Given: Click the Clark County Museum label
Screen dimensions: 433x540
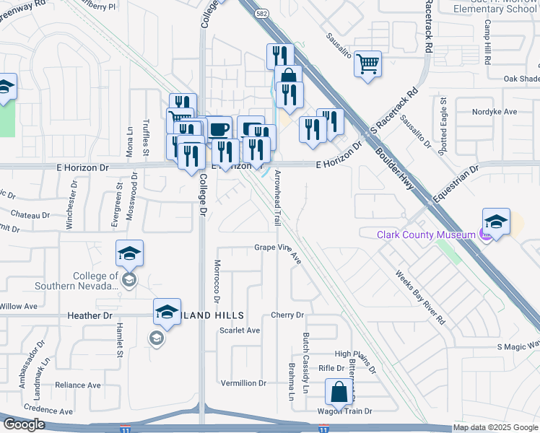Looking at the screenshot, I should point(427,235).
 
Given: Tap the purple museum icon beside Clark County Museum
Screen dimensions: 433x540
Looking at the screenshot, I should point(487,235).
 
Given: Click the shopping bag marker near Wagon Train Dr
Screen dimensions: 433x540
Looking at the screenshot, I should point(339,393).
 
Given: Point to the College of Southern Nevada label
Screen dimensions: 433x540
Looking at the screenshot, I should point(95,281).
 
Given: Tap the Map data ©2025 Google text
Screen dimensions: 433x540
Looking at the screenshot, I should point(495,428).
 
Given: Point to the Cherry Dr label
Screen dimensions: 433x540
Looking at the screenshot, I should point(287,315).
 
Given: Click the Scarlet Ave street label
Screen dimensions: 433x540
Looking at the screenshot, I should point(239,331).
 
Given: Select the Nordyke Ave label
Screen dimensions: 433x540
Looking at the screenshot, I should point(495,112).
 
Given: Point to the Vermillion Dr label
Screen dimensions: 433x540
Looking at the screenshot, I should point(243,382).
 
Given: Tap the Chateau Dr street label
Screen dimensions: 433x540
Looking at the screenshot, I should point(30,214).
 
